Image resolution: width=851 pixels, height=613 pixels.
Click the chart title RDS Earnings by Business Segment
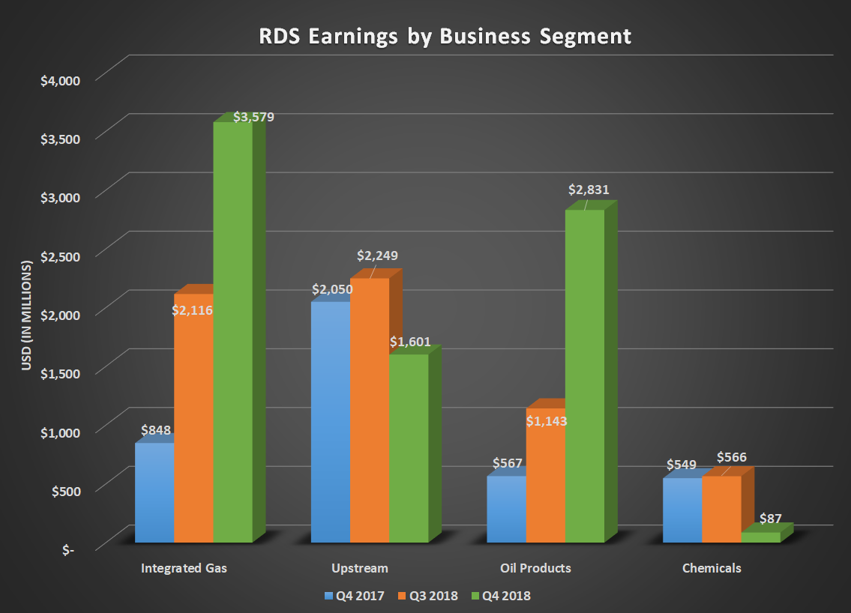[445, 36]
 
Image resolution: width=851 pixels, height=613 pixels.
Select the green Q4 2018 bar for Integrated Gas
[233, 337]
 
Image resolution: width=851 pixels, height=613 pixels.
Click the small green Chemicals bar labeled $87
[760, 537]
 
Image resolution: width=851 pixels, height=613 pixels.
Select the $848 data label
[156, 431]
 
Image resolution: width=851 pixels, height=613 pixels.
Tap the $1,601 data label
[410, 342]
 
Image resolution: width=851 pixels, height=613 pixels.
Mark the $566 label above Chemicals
[732, 457]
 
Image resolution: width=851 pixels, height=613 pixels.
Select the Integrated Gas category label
[184, 568]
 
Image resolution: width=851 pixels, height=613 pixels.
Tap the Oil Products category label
[535, 568]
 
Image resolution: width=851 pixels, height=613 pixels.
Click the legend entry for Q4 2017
[355, 596]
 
